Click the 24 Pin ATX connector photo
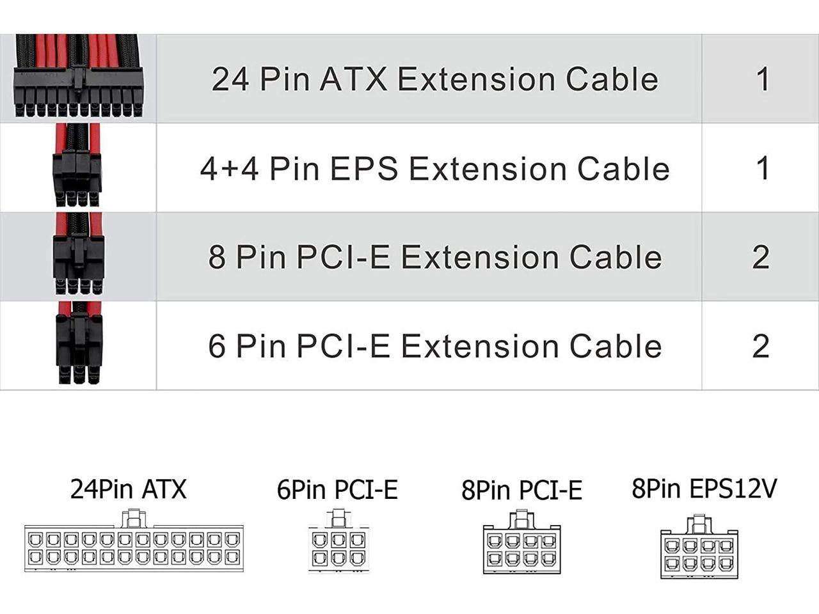click(78, 78)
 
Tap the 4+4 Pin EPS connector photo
click(78, 168)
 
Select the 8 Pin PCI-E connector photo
click(78, 256)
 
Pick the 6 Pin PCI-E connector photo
click(78, 345)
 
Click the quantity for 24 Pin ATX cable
click(761, 79)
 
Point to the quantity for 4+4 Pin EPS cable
click(761, 168)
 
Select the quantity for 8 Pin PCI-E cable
click(760, 257)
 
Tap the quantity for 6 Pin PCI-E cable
click(760, 346)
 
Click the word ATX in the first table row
click(353, 79)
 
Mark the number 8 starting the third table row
click(217, 257)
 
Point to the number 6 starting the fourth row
click(217, 346)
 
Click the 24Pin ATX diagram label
click(128, 489)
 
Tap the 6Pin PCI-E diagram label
click(337, 490)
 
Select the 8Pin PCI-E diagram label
click(521, 491)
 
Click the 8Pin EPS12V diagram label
click(704, 489)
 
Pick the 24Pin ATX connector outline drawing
click(134, 547)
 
